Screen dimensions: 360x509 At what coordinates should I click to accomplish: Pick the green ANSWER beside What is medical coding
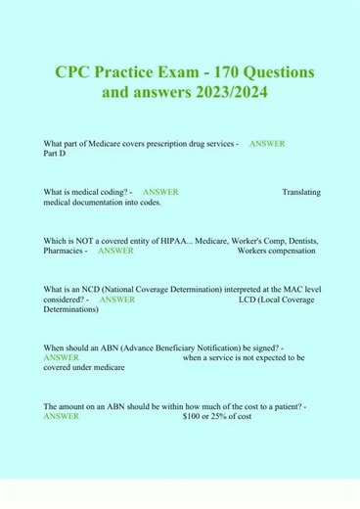(159, 192)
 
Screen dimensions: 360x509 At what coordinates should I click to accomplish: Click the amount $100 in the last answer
(193, 416)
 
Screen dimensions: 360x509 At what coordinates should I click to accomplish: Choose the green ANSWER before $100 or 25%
(62, 416)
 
